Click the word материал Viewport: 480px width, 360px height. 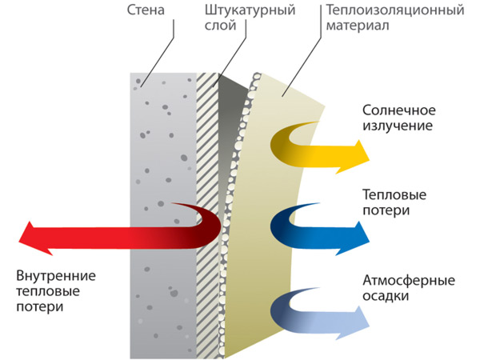click(x=358, y=26)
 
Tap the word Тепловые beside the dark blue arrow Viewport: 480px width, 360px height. click(x=394, y=195)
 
